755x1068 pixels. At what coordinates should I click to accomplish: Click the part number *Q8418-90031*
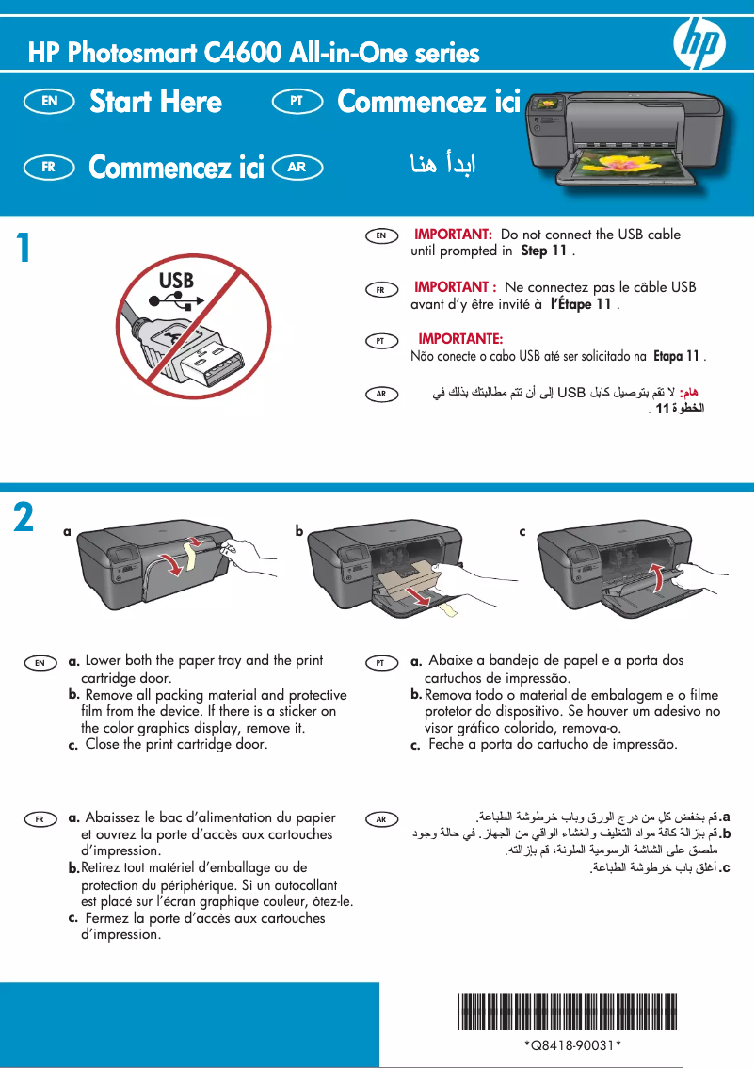[x=571, y=1046]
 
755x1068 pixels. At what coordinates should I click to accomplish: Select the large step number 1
[x=24, y=249]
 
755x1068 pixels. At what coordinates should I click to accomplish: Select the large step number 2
[x=24, y=518]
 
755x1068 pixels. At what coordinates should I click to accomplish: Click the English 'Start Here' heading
[x=155, y=102]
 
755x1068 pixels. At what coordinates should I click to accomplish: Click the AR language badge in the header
[x=297, y=168]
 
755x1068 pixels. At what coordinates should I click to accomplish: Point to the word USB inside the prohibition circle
[x=176, y=281]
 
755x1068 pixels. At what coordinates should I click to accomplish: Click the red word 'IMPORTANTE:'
[x=459, y=338]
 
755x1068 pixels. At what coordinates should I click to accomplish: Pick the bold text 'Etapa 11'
[x=676, y=356]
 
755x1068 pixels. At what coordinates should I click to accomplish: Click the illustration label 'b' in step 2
[x=299, y=531]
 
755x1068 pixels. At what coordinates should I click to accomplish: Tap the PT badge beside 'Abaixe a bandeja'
[x=381, y=663]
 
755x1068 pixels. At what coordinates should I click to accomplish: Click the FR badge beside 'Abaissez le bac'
[x=40, y=819]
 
